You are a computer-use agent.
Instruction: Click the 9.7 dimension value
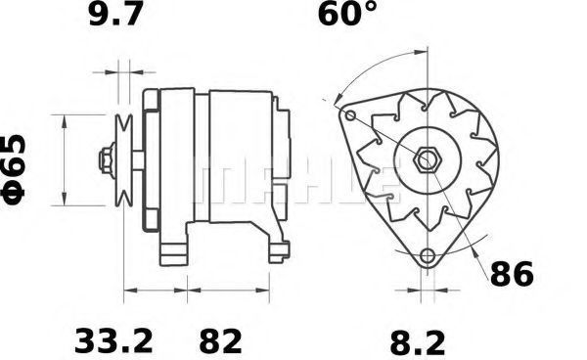116,14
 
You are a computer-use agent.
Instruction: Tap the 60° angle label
347,14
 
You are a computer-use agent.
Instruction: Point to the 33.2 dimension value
114,340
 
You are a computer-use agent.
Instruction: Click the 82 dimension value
220,340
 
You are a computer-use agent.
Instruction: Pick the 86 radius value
512,274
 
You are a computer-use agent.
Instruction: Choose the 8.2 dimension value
418,342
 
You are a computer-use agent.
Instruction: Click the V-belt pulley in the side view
124,160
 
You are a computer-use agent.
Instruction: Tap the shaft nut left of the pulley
107,160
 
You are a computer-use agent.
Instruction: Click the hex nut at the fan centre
428,160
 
